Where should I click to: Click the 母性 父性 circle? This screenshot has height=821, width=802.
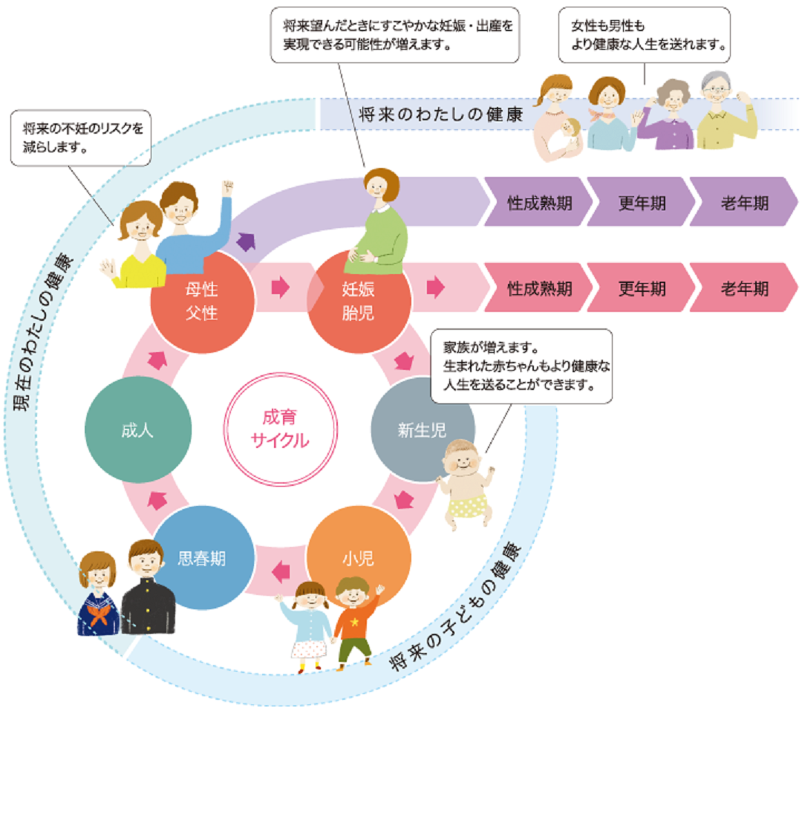point(202,299)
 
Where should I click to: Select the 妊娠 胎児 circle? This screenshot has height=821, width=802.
point(359,299)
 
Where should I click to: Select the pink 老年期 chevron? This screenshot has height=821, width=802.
point(743,288)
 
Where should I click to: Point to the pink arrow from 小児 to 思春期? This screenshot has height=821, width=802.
point(281,571)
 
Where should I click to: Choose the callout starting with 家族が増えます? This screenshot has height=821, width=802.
point(521,366)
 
